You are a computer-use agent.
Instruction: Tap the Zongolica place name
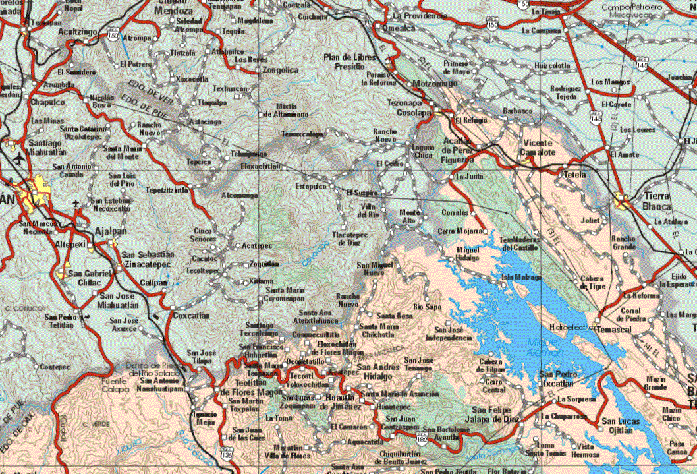pyautogui.click(x=281, y=70)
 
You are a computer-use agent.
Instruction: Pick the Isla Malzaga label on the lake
pyautogui.click(x=522, y=277)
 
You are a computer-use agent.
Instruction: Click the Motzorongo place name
pyautogui.click(x=434, y=84)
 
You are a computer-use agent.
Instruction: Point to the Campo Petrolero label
pyautogui.click(x=633, y=8)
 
